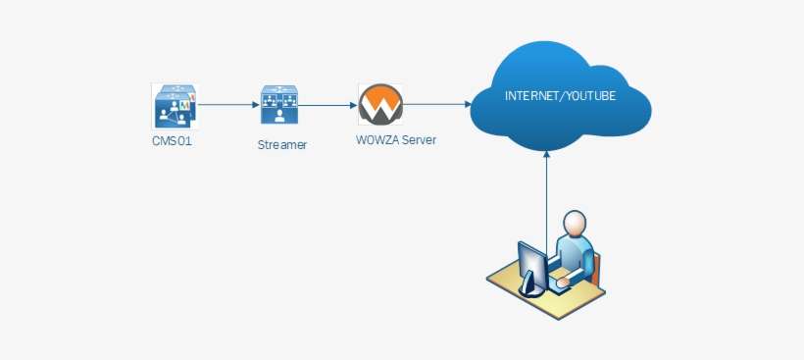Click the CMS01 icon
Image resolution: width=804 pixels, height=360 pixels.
175,105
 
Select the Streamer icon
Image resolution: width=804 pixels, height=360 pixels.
280,105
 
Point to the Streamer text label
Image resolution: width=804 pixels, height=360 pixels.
281,145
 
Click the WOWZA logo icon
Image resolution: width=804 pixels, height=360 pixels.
377,104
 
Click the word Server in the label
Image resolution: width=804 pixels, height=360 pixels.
419,140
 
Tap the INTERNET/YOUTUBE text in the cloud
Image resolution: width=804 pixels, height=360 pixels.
560,95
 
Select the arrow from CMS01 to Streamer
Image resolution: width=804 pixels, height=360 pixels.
227,103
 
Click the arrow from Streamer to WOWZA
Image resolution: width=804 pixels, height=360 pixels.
328,103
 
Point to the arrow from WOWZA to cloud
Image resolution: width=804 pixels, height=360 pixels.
437,103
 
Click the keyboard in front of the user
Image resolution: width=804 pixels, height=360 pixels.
563,283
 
